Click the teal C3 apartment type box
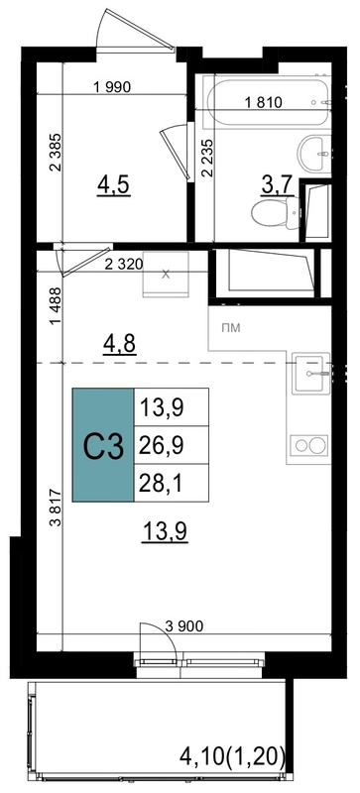[x=103, y=445]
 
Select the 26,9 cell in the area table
[x=172, y=445]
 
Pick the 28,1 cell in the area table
[x=172, y=483]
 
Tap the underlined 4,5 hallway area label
[x=114, y=186]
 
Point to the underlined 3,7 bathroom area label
[x=277, y=186]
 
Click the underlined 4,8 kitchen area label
[x=119, y=345]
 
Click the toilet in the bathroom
[x=276, y=213]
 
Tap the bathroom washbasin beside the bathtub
[x=314, y=154]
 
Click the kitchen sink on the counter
[x=309, y=373]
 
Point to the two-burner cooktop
[x=309, y=445]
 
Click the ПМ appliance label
[x=231, y=328]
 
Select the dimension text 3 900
[x=184, y=626]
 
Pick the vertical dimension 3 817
[x=56, y=508]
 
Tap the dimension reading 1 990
[x=112, y=87]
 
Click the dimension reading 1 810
[x=263, y=103]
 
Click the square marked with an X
[x=166, y=275]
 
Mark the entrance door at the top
[x=136, y=31]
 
